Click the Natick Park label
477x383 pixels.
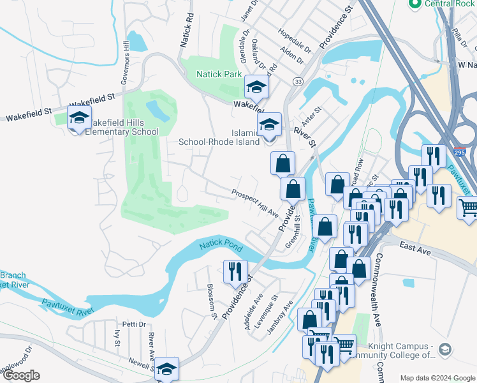click(218, 74)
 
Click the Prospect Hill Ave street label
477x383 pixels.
click(255, 202)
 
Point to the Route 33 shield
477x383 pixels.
click(298, 81)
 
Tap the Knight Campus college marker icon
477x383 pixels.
click(444, 349)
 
